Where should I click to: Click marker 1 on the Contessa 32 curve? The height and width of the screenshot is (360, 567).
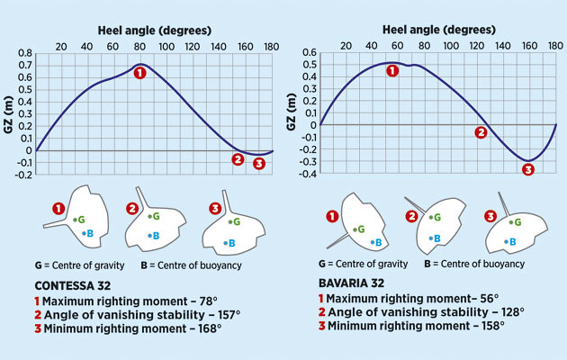(x=139, y=73)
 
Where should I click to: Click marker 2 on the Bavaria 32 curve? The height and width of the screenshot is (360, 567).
(x=481, y=132)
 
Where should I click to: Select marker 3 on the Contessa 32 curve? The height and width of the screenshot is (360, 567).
(x=259, y=163)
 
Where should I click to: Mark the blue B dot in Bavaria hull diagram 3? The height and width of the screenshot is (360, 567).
(x=509, y=241)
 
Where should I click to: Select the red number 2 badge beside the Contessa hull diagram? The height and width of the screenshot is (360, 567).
(x=131, y=209)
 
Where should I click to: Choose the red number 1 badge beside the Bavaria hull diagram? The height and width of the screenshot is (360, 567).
(x=334, y=216)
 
